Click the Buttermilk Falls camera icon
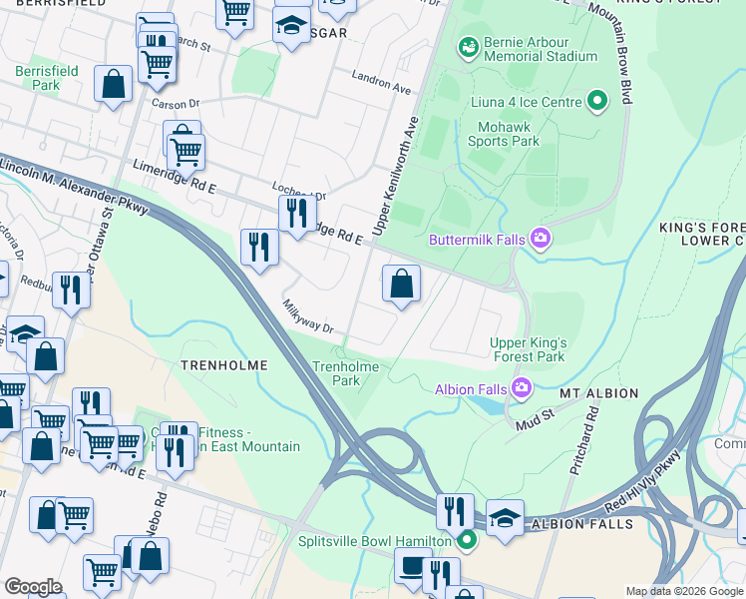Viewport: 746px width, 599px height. (x=541, y=239)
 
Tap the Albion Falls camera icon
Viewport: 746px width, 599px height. (x=521, y=388)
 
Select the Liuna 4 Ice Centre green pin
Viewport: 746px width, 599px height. (x=597, y=101)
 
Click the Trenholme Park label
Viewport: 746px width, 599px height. (x=346, y=373)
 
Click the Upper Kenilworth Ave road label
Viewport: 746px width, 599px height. (x=394, y=177)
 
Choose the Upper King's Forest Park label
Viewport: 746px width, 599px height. (x=528, y=349)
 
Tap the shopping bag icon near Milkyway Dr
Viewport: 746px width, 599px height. (x=401, y=284)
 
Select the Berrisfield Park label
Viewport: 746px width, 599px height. (x=38, y=78)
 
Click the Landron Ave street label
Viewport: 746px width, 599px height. (x=381, y=82)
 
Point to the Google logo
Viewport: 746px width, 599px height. (x=33, y=587)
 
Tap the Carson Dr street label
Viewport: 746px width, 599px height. (x=176, y=103)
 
